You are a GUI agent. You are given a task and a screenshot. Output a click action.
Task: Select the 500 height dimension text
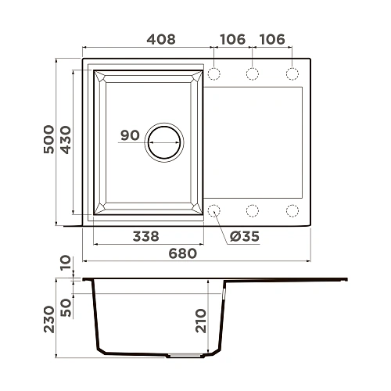pyautogui.click(x=48, y=141)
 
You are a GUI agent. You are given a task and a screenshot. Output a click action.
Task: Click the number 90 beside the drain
pyautogui.click(x=130, y=135)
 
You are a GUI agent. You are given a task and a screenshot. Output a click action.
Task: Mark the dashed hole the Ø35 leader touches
pyautogui.click(x=213, y=210)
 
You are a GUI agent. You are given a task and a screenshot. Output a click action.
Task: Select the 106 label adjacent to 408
pyautogui.click(x=232, y=39)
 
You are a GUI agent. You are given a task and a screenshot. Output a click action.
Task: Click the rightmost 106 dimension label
pyautogui.click(x=273, y=39)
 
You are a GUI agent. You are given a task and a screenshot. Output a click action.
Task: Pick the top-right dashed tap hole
pyautogui.click(x=292, y=74)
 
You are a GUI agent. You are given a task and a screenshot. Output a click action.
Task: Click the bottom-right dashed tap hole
pyautogui.click(x=292, y=210)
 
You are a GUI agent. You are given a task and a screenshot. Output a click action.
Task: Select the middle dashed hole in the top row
pyautogui.click(x=253, y=74)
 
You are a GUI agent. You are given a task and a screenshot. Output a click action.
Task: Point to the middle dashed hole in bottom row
pyautogui.click(x=253, y=210)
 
